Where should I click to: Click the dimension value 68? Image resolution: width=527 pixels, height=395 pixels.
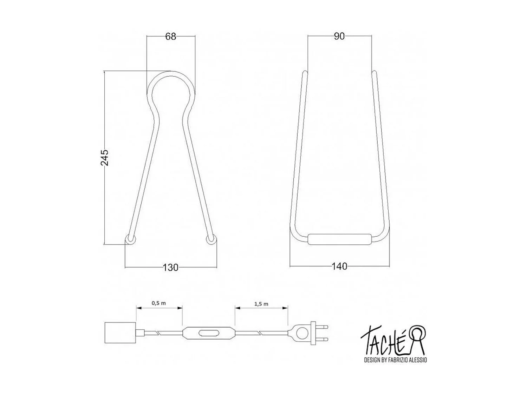pos(170,37)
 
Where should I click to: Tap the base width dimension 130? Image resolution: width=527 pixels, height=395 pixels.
pos(171,268)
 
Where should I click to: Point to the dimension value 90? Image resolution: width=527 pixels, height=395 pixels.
pos(339,36)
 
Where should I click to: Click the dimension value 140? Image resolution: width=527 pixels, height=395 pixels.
pos(339,266)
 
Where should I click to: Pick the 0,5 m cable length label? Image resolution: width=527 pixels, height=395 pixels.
pos(159,303)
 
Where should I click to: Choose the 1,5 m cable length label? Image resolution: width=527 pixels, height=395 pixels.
pos(261,304)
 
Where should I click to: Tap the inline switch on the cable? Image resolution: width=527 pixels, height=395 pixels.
pos(209,333)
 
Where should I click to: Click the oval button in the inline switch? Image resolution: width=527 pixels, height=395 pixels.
pos(209,333)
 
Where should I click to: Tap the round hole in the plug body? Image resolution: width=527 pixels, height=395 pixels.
pos(301,332)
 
